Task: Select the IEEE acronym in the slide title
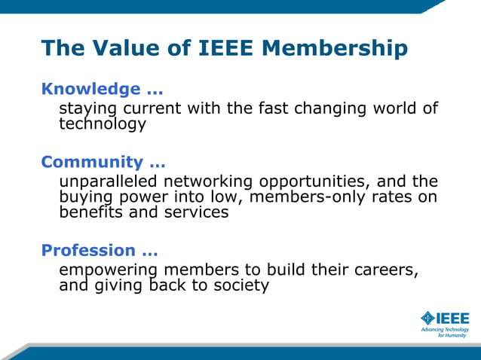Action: pos(227,48)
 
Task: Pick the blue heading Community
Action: pos(92,162)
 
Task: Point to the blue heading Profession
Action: pos(88,250)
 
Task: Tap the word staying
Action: pos(88,109)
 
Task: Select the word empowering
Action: pos(108,270)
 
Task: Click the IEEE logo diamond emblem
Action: pos(428,318)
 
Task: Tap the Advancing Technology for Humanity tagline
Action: pos(444,332)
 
